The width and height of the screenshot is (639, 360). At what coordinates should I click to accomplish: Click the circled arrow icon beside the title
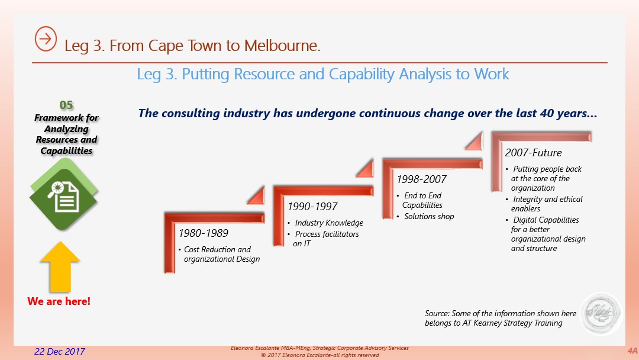[x=46, y=38]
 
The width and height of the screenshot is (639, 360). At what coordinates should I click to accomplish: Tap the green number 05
[x=66, y=105]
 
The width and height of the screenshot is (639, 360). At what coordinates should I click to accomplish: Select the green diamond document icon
[x=63, y=195]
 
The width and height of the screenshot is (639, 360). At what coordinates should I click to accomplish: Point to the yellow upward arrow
[x=60, y=266]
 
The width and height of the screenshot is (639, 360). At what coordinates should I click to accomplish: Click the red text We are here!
[x=59, y=301]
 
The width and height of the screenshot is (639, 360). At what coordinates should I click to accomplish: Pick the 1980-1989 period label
[x=204, y=233]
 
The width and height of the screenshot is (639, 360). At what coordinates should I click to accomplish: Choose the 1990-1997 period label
[x=312, y=207]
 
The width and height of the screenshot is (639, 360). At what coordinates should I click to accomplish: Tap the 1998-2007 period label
[x=421, y=179]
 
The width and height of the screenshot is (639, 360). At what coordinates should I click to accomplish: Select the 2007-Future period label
[x=533, y=153]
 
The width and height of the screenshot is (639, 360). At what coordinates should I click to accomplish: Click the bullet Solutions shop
[x=429, y=217]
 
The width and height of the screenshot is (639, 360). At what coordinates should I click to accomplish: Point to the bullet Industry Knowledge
[x=329, y=223]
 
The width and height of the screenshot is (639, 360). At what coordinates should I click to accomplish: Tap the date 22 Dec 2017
[x=60, y=352]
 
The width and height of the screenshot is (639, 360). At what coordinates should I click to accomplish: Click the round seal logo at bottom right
[x=601, y=314]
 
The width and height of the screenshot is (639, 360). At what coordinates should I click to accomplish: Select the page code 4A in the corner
[x=632, y=351]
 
